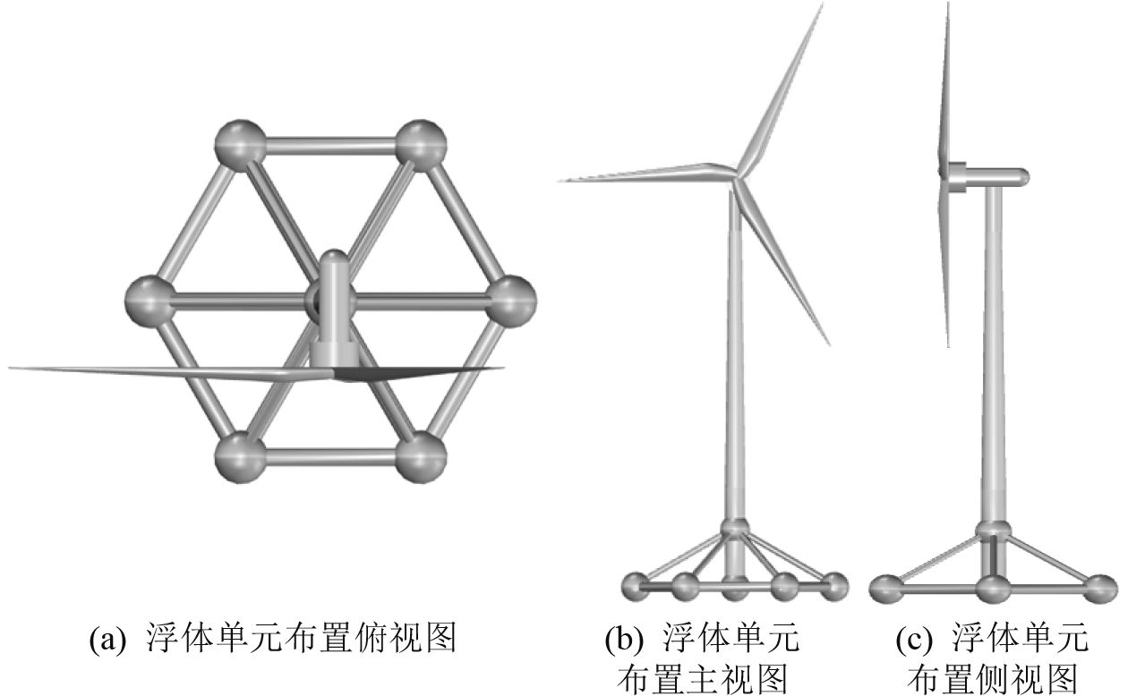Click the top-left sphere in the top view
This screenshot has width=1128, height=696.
point(241,143)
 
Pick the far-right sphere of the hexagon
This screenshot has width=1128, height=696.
point(511,299)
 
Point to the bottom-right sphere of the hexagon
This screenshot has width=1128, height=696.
point(421,456)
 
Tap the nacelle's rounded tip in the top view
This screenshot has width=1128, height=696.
point(332,259)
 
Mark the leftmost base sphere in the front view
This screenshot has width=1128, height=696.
point(637,586)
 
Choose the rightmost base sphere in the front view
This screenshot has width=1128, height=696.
point(834,586)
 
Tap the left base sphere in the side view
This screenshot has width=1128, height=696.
point(888,588)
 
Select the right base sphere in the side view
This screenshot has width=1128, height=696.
point(1098,588)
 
